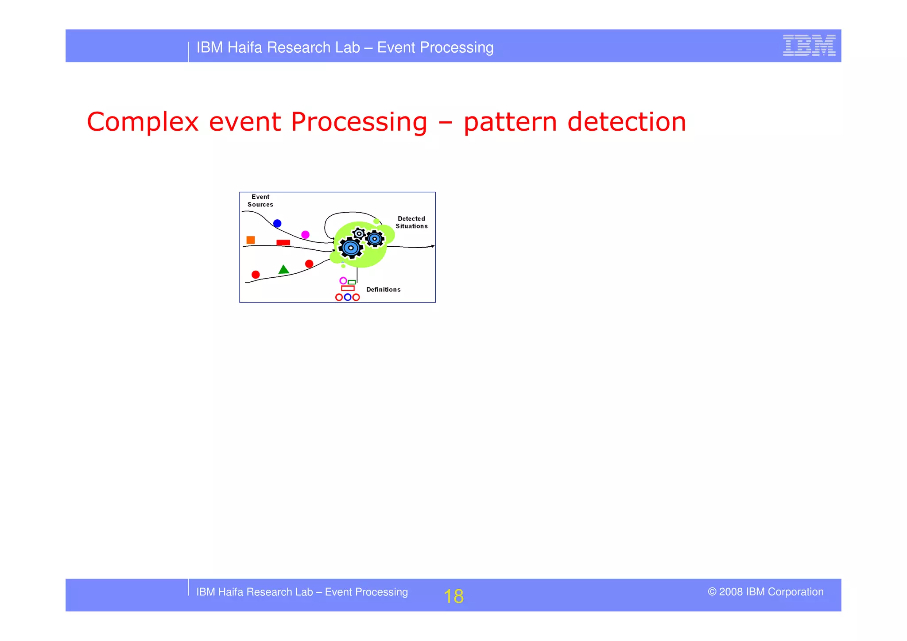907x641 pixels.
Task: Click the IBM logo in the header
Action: pos(809,45)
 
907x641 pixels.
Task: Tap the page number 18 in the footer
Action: pos(453,596)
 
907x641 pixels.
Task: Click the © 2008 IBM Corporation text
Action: pos(765,592)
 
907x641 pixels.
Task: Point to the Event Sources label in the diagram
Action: pos(260,201)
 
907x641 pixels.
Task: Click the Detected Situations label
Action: pos(411,222)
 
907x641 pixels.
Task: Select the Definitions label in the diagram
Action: pos(383,290)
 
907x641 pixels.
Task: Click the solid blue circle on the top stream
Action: pos(277,223)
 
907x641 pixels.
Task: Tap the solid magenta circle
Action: pos(305,234)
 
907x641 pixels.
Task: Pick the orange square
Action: pos(251,240)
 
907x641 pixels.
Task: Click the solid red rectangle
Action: pos(283,242)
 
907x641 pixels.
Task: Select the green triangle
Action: pos(284,269)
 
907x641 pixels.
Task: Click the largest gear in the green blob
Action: pos(351,248)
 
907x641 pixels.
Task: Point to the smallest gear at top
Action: pos(359,233)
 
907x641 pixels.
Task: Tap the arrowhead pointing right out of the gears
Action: pos(432,246)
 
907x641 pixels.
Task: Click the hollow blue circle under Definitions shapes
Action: pos(348,297)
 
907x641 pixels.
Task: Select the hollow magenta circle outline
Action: pos(343,280)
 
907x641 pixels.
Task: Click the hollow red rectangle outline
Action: pos(348,288)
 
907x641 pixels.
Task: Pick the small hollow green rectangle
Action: pos(352,282)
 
